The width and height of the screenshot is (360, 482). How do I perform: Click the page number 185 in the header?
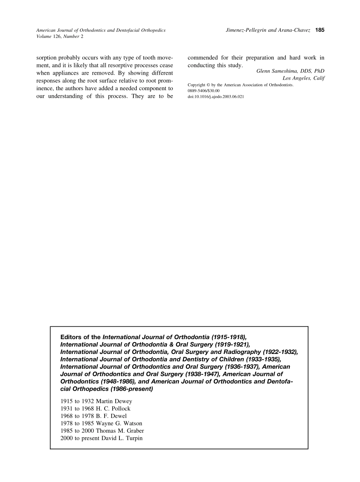coord(320,30)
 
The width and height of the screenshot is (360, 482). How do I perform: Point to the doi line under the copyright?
coord(216,97)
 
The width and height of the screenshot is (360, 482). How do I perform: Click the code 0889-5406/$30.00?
coord(203,91)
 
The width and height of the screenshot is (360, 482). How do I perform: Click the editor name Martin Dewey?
coord(114,401)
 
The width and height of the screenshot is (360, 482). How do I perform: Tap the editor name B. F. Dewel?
coord(111,416)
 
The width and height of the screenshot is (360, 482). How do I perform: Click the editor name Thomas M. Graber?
coord(120,431)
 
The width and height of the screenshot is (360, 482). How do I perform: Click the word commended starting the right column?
coord(203,58)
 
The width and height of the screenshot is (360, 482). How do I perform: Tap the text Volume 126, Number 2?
coord(59,36)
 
